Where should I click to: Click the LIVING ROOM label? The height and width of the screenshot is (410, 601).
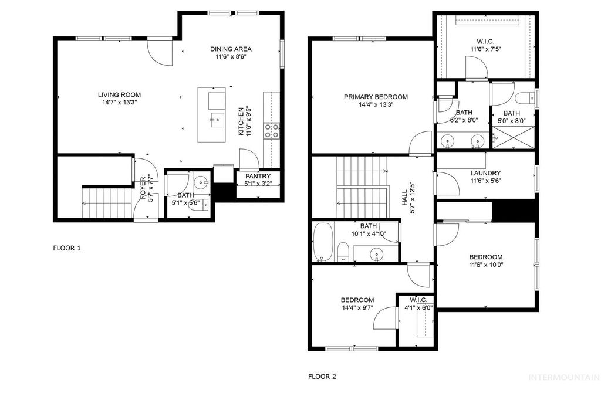point(119,94)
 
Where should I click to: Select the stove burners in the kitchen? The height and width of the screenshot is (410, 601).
point(272,130)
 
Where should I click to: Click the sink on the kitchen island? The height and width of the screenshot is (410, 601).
point(215,120)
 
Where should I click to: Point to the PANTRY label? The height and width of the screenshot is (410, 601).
point(258,176)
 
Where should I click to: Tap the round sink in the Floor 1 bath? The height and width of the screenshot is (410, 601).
point(201,182)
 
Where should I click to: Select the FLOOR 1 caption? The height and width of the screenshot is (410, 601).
point(67,248)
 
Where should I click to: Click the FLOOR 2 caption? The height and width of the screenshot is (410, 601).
point(322,377)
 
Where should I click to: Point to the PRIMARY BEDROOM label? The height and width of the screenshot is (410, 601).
point(376,97)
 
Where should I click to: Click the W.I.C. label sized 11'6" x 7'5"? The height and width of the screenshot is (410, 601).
point(484,42)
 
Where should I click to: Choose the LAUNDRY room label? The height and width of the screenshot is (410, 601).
point(485,173)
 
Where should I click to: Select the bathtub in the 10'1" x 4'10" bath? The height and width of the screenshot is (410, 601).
point(322,242)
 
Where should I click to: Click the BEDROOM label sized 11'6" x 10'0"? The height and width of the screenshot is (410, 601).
point(485,257)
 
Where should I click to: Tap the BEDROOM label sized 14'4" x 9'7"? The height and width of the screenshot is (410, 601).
point(357,300)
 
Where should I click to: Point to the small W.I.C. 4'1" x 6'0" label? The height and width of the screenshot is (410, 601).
point(417,300)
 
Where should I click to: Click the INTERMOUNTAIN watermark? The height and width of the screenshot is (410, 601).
point(564,377)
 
